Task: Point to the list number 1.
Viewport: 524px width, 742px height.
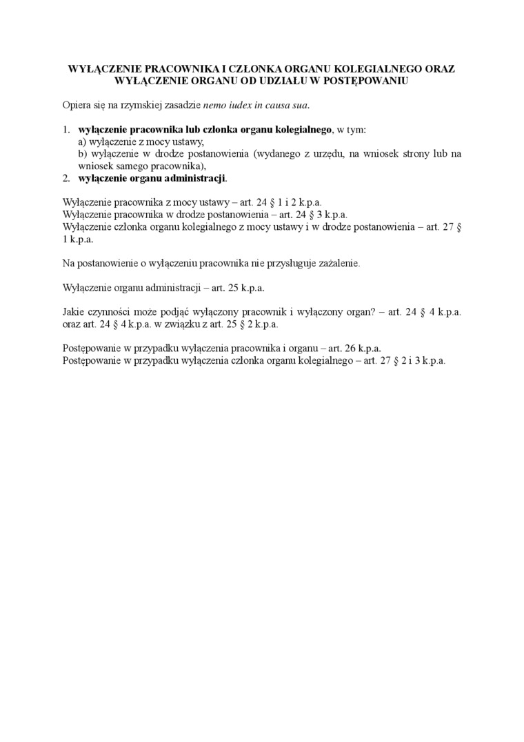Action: click(66, 130)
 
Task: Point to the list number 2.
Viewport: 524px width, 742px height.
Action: click(66, 178)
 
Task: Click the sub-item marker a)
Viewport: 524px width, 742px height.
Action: click(82, 141)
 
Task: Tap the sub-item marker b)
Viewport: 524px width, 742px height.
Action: click(83, 154)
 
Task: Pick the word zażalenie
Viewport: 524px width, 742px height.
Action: click(336, 263)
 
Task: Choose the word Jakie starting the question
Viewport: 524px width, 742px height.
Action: click(74, 311)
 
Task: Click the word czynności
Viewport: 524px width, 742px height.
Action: click(115, 311)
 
